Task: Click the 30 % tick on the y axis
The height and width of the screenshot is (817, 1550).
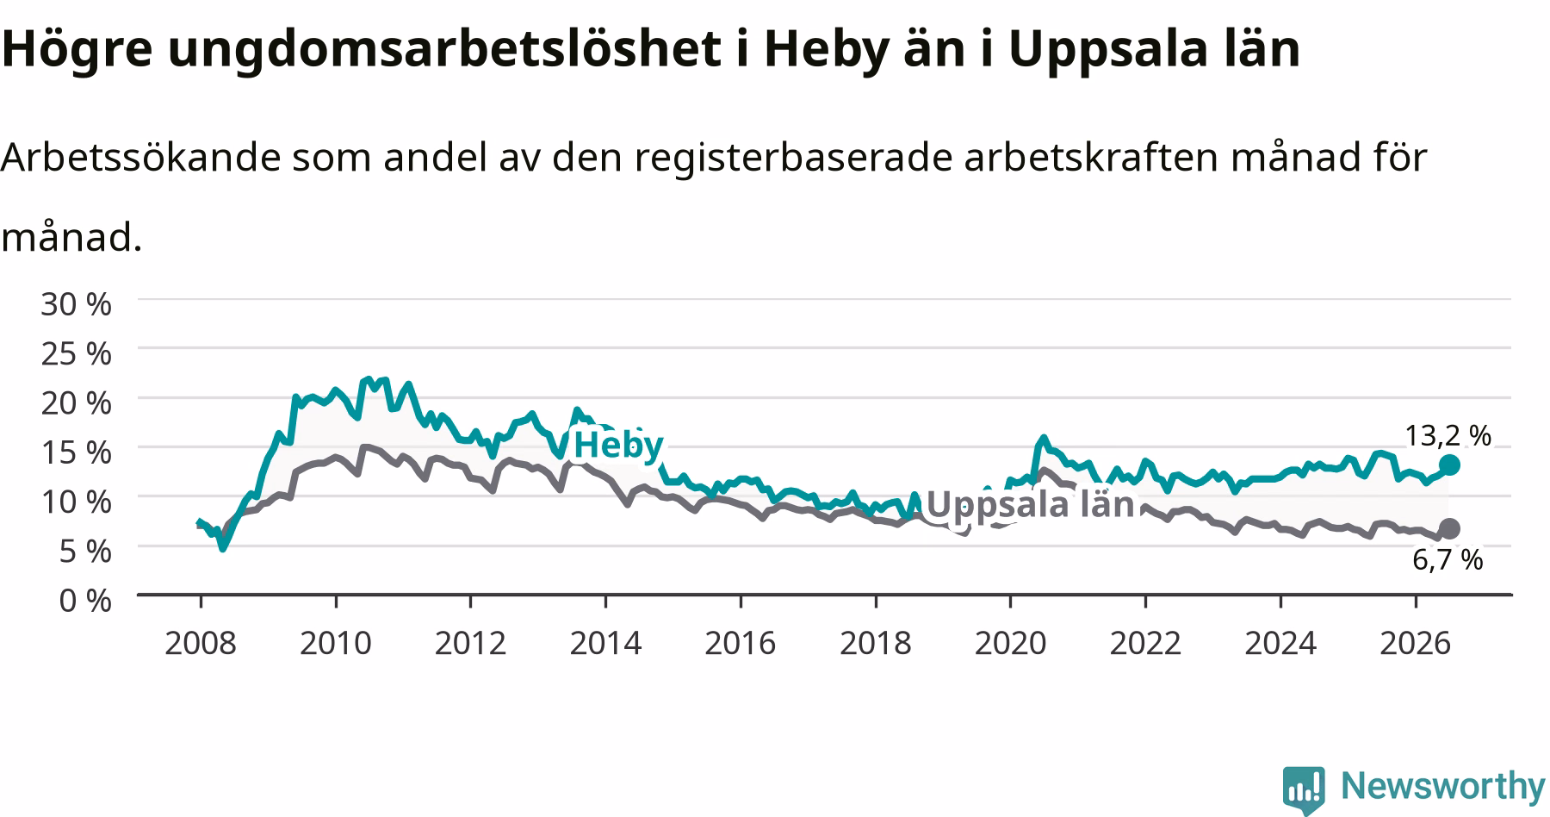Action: coord(76,303)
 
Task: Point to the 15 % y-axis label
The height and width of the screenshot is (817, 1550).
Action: coord(76,452)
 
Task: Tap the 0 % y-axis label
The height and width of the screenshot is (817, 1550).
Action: coord(84,600)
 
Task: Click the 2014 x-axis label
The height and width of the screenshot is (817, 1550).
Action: coord(605,643)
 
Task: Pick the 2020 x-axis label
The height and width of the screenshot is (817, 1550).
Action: coord(1010,643)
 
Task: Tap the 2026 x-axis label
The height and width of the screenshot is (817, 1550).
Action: coord(1416,643)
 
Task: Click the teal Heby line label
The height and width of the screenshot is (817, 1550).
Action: coord(618,446)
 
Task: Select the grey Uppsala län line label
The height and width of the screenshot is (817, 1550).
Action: coord(1030,504)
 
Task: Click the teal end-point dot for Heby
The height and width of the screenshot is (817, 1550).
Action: coord(1449,465)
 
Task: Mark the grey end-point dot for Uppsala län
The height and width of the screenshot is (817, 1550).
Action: coord(1449,528)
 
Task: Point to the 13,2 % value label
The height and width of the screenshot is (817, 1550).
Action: coord(1448,436)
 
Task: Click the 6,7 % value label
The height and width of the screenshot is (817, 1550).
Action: coord(1448,560)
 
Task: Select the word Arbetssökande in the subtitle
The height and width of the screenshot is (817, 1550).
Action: coord(141,158)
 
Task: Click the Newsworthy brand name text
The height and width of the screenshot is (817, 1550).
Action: coord(1443,787)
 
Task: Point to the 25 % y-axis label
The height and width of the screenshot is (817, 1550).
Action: coord(76,352)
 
